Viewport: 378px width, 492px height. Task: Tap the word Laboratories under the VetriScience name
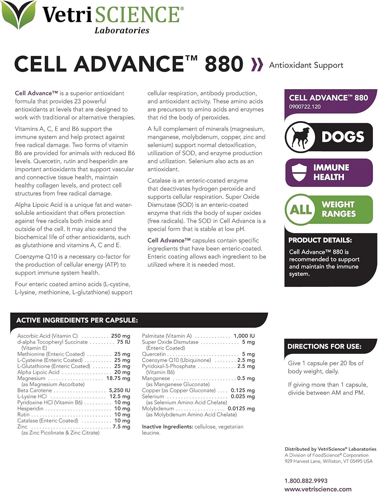coord(122,31)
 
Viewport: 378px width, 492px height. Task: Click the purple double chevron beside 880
coord(257,65)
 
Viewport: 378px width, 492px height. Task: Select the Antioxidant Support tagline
coord(306,65)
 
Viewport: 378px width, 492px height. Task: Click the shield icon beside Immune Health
coord(299,173)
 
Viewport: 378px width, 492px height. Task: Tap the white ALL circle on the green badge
coord(301,209)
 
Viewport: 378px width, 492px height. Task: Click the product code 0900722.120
coord(305,107)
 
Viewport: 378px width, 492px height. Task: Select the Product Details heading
coord(320,240)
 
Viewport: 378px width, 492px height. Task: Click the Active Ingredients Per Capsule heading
coord(77,320)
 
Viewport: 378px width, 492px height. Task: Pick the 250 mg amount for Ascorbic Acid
coord(120,336)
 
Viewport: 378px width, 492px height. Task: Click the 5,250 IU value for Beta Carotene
coord(119,390)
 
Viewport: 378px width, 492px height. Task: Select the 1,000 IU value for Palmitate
coord(244,336)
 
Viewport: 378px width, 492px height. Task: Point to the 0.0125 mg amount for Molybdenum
coord(241,408)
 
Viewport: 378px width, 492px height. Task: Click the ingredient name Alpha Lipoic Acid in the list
coord(38,372)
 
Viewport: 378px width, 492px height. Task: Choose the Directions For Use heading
coord(324,346)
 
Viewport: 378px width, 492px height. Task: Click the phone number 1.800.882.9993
coord(306,481)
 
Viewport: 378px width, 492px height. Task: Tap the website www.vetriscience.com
coord(318,489)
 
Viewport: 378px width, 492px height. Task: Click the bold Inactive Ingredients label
coord(167,427)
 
